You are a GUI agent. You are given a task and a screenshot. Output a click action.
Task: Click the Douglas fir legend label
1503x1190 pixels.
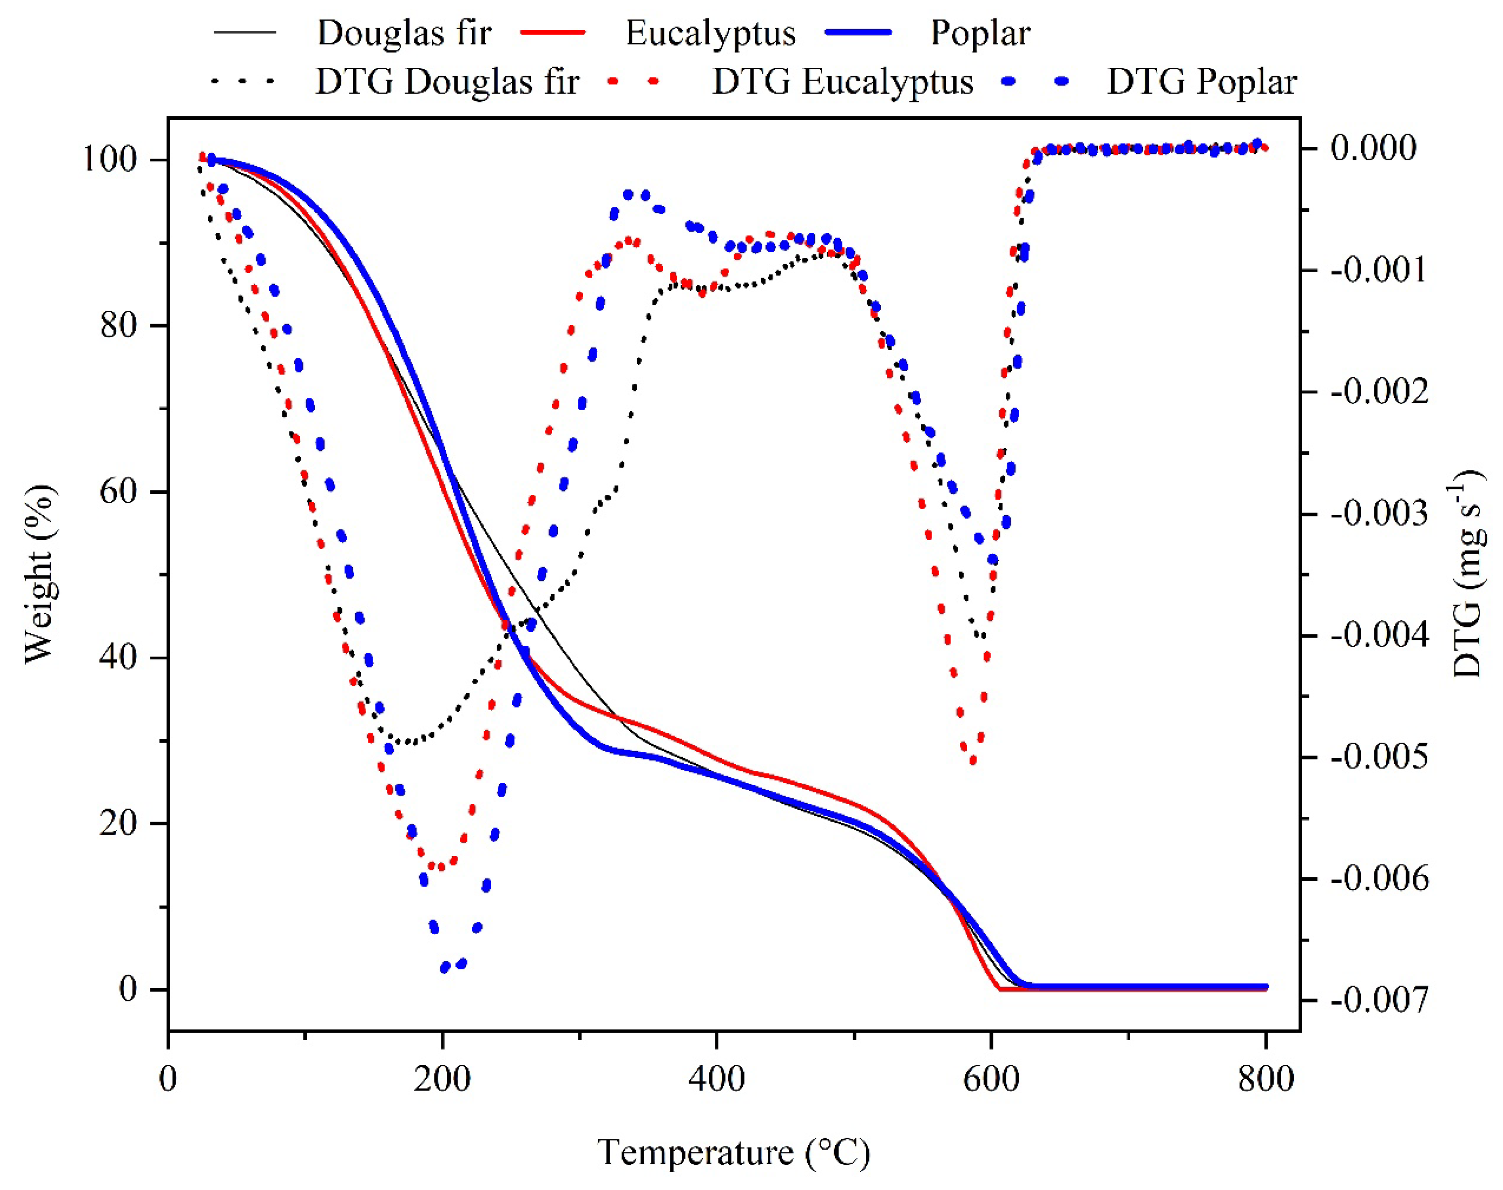coord(404,33)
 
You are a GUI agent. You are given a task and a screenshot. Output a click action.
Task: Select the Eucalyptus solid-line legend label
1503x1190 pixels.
coord(710,33)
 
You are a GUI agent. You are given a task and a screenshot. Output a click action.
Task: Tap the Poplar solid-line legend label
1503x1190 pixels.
coord(980,33)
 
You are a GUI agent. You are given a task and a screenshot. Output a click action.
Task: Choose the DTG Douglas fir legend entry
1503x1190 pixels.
coord(447,82)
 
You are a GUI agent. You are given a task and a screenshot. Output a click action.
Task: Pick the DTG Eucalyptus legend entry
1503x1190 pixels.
coord(842,82)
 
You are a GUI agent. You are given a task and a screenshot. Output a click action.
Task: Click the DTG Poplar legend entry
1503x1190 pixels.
coord(1201,82)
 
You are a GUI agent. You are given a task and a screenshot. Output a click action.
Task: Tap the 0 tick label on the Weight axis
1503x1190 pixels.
coord(128,988)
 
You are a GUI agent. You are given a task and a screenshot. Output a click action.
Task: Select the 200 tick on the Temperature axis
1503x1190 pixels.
coord(442,1079)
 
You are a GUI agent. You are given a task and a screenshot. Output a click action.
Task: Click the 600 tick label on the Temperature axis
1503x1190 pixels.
coord(990,1079)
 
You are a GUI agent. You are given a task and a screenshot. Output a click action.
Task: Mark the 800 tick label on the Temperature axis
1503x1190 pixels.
coord(1265,1079)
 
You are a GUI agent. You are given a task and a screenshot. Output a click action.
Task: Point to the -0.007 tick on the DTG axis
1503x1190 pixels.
coord(1379,1000)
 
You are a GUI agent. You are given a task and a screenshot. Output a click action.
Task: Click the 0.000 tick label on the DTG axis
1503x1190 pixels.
coord(1372,148)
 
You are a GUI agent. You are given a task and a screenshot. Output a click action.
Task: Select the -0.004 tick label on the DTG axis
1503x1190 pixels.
coord(1379,635)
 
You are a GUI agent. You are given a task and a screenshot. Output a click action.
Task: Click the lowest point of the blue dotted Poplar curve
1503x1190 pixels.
coord(446,967)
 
